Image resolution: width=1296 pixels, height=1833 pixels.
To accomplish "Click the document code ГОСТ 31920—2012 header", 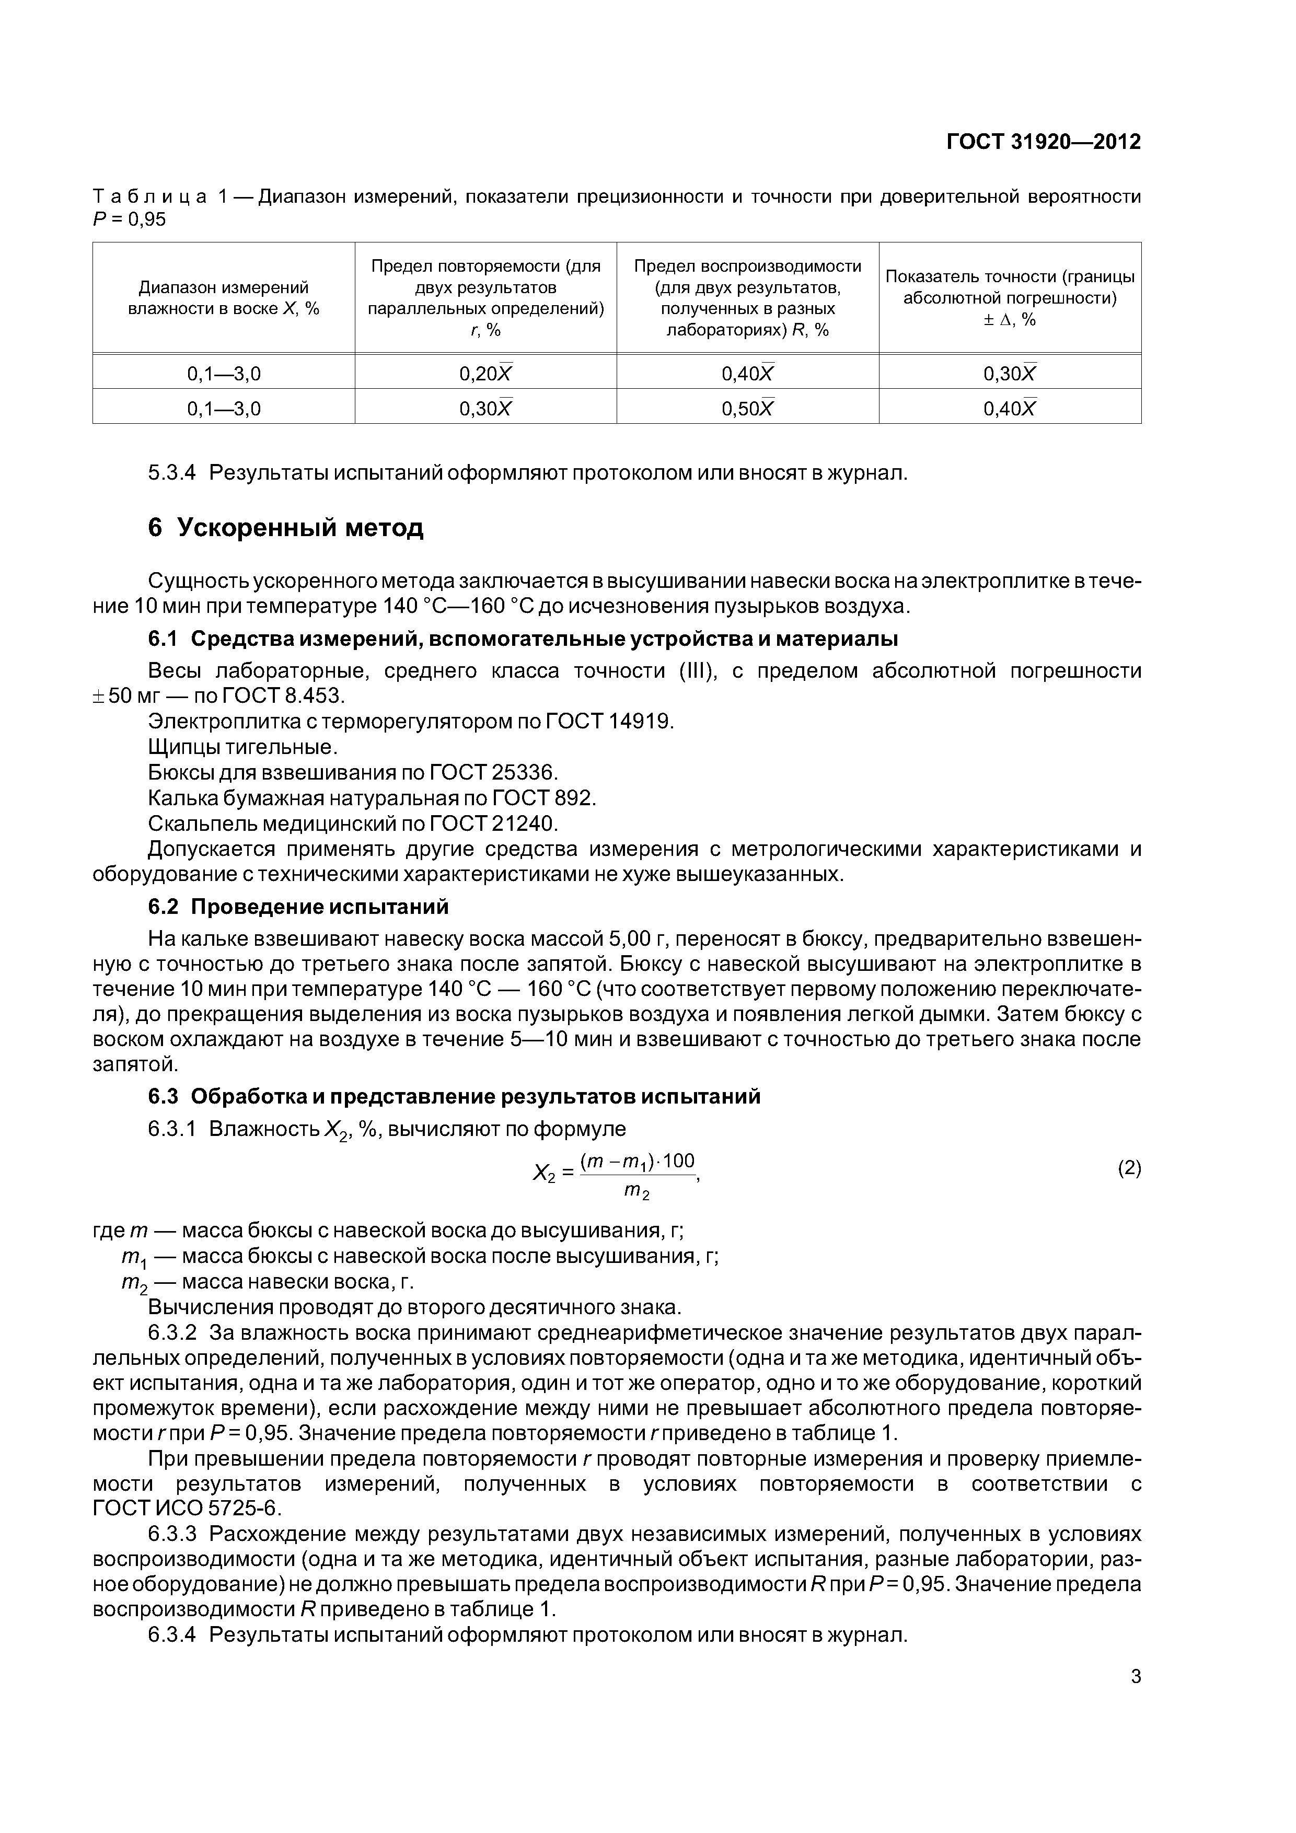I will [1043, 142].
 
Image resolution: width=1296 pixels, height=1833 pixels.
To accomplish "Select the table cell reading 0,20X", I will [485, 373].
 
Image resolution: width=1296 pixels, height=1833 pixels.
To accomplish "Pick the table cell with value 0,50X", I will [747, 408].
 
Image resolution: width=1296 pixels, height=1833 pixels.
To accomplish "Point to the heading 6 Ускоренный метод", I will [286, 528].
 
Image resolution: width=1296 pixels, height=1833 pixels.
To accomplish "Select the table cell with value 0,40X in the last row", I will [1009, 408].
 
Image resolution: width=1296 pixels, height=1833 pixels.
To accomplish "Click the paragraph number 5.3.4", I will [172, 473].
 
